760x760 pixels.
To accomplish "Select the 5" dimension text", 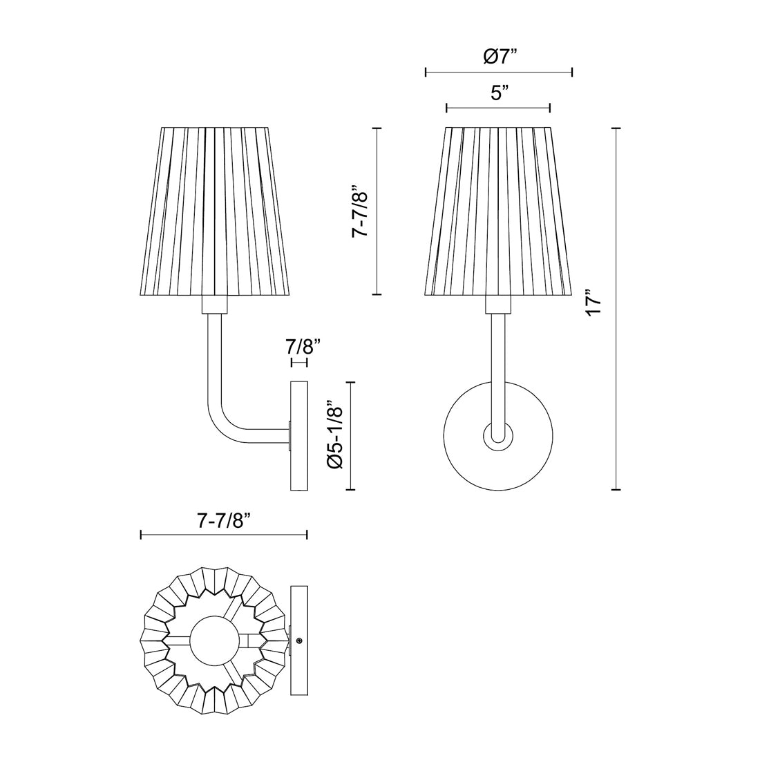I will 500,93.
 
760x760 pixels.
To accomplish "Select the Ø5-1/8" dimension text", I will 335,436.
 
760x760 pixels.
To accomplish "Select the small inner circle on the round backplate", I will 497,436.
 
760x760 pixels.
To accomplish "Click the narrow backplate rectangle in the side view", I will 298,436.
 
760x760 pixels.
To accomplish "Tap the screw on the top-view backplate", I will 298,641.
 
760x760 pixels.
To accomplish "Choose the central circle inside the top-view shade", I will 213,640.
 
